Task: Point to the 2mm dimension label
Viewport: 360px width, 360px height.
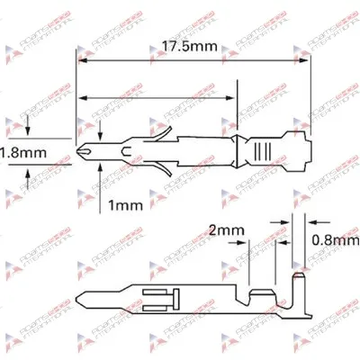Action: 224,230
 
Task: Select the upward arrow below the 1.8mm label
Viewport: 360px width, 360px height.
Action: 36,175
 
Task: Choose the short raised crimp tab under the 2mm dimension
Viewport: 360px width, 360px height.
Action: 261,293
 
